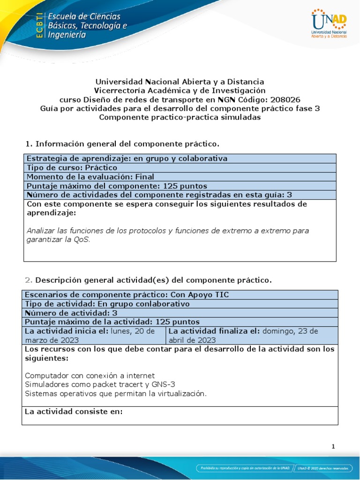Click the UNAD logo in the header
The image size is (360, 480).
[330, 23]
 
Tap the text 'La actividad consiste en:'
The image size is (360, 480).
[74, 412]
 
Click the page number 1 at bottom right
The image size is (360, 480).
[333, 447]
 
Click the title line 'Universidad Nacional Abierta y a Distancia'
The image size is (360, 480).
[180, 82]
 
